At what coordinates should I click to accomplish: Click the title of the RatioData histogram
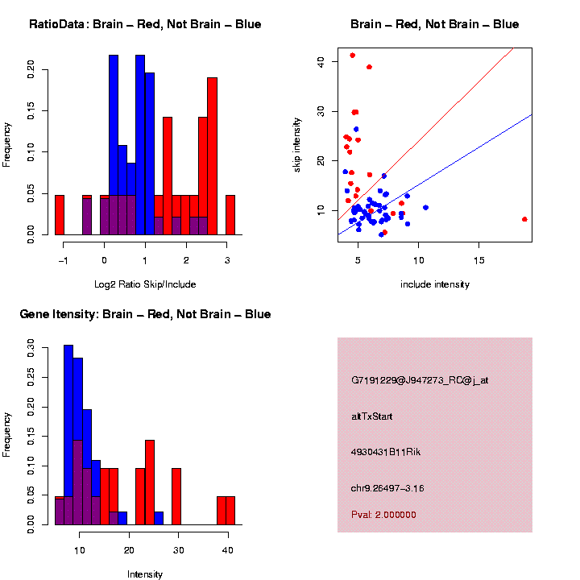coord(145,24)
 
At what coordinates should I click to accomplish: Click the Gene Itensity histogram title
coord(145,314)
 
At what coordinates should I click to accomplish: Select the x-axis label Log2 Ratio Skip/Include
coord(145,284)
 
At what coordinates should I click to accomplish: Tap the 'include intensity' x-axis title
coord(435,284)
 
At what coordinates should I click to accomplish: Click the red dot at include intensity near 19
coord(524,219)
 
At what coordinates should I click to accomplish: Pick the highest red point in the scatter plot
coord(353,56)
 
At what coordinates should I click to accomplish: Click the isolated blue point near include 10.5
coord(425,208)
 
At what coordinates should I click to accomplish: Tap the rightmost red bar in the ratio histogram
coord(230,215)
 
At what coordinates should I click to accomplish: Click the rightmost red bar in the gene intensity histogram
coord(230,511)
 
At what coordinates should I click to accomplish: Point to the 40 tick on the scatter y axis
coord(316,60)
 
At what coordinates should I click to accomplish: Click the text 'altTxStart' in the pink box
coord(372,416)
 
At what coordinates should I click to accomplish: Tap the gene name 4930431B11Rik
coord(386,452)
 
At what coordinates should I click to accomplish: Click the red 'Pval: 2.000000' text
coord(383,514)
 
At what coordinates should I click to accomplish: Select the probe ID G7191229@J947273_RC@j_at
coord(420,380)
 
